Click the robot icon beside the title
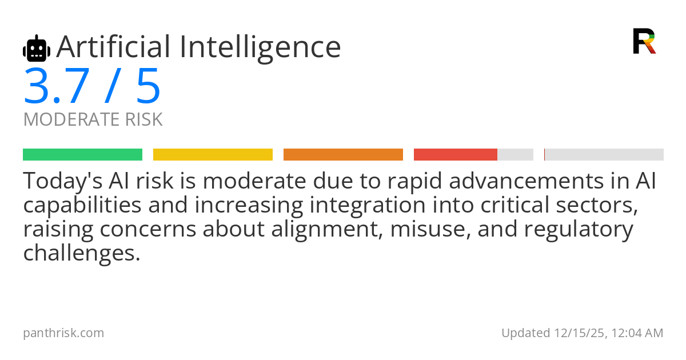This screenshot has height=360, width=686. click(x=37, y=49)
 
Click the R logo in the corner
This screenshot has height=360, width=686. click(x=644, y=41)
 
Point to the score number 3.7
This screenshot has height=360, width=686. click(x=56, y=87)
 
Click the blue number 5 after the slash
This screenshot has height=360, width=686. click(x=148, y=87)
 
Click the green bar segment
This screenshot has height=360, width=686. click(x=82, y=155)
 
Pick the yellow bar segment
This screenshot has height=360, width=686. click(x=213, y=155)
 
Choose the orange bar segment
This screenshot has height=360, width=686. click(x=343, y=155)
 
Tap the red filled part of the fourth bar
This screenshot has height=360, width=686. click(x=456, y=155)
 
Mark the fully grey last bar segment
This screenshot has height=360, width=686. click(x=604, y=155)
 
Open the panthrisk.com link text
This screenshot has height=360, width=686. click(x=63, y=333)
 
